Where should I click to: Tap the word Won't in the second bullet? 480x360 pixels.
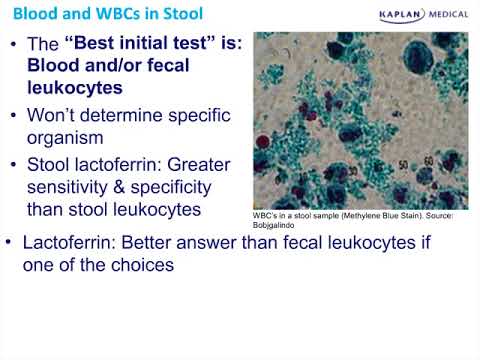(x=67, y=114)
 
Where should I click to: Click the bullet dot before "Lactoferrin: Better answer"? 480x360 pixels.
(x=10, y=245)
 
